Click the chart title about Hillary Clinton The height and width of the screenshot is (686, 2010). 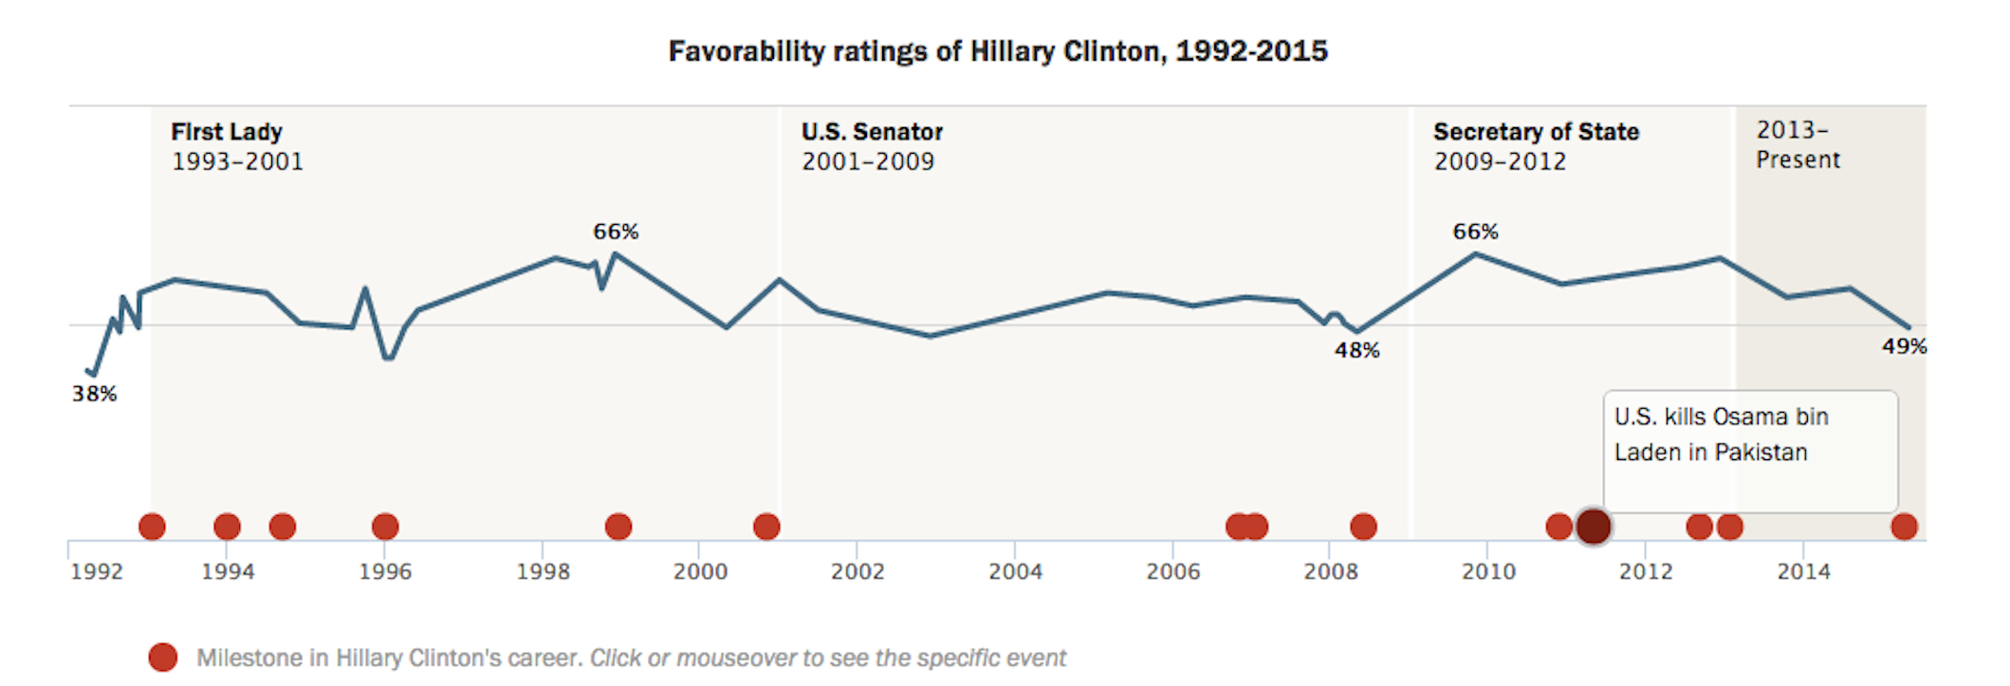coord(998,51)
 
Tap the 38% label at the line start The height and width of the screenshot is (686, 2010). coord(94,394)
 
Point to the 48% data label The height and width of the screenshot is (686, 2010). coord(1356,350)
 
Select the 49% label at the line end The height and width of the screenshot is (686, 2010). coord(1904,346)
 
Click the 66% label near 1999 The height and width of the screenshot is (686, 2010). coord(616,232)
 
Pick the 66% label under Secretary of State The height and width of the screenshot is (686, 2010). coord(1475,232)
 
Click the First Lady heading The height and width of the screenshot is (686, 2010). coord(227,132)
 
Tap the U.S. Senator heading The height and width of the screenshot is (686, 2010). coord(872,132)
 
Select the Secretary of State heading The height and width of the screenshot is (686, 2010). coord(1536,132)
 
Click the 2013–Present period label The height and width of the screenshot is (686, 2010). coord(1797,144)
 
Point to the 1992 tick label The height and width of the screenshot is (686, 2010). coord(97,571)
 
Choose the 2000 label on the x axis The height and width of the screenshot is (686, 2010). coord(700,571)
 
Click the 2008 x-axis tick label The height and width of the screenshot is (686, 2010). coord(1330,571)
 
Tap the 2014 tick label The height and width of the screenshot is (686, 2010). coord(1803,571)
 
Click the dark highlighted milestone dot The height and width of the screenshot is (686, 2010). coord(1594,527)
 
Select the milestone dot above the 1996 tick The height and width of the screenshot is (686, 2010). coord(385,527)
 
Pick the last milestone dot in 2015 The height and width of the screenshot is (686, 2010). coord(1904,527)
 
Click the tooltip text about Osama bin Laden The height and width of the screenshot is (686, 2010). coord(1721,435)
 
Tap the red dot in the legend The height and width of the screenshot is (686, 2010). coord(163,658)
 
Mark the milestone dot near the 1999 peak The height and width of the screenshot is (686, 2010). coord(618,527)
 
